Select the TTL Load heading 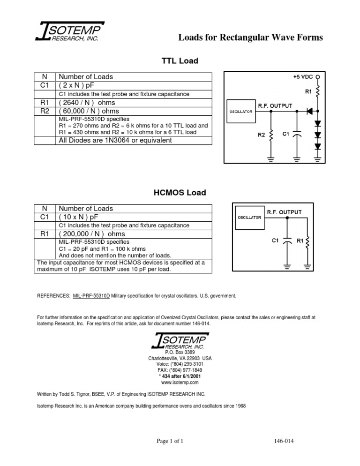[x=180, y=61]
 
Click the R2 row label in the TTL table [x=45, y=111]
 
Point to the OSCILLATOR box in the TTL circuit [x=241, y=112]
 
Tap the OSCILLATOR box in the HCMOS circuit [x=249, y=218]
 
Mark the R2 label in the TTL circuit [x=262, y=135]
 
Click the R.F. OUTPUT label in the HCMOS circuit [x=284, y=212]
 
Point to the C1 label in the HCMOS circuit [x=276, y=241]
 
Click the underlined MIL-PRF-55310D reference [x=91, y=296]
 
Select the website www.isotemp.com [x=180, y=383]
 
